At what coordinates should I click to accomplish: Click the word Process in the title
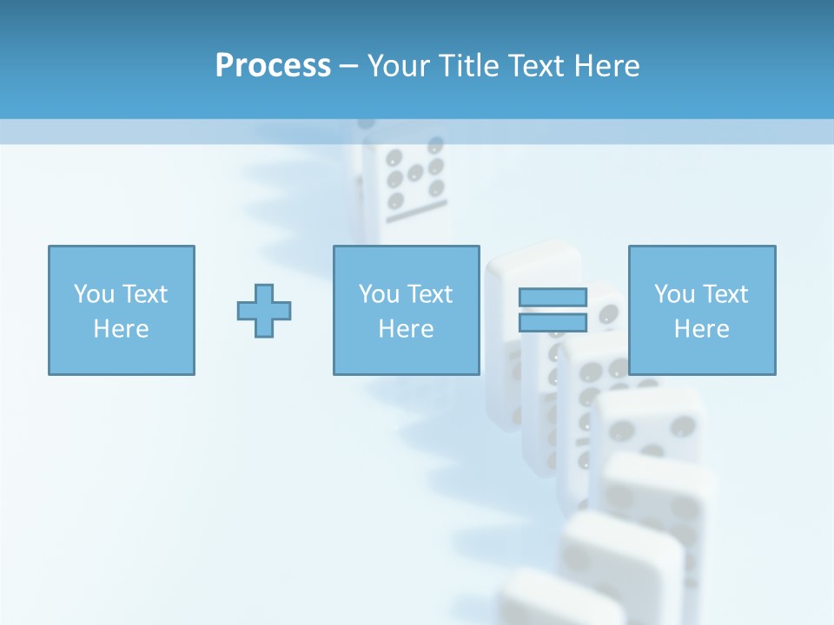[273, 66]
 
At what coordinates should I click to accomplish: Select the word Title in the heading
[467, 66]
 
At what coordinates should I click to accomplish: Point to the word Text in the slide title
[537, 66]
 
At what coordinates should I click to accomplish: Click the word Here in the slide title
[607, 66]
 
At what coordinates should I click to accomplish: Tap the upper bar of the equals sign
[553, 297]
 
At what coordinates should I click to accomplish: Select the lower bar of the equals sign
[553, 323]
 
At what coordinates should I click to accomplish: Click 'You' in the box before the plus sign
[94, 294]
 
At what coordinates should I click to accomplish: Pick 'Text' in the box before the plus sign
[144, 294]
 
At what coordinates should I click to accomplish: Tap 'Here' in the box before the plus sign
[121, 329]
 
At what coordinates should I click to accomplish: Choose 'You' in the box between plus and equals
[379, 294]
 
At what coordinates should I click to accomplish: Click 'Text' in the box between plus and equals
[429, 294]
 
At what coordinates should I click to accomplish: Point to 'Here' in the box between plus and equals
[406, 329]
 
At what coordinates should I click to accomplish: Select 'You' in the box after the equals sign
[674, 294]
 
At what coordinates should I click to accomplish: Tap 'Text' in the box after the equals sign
[725, 294]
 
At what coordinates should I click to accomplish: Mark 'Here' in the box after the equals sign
[701, 329]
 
